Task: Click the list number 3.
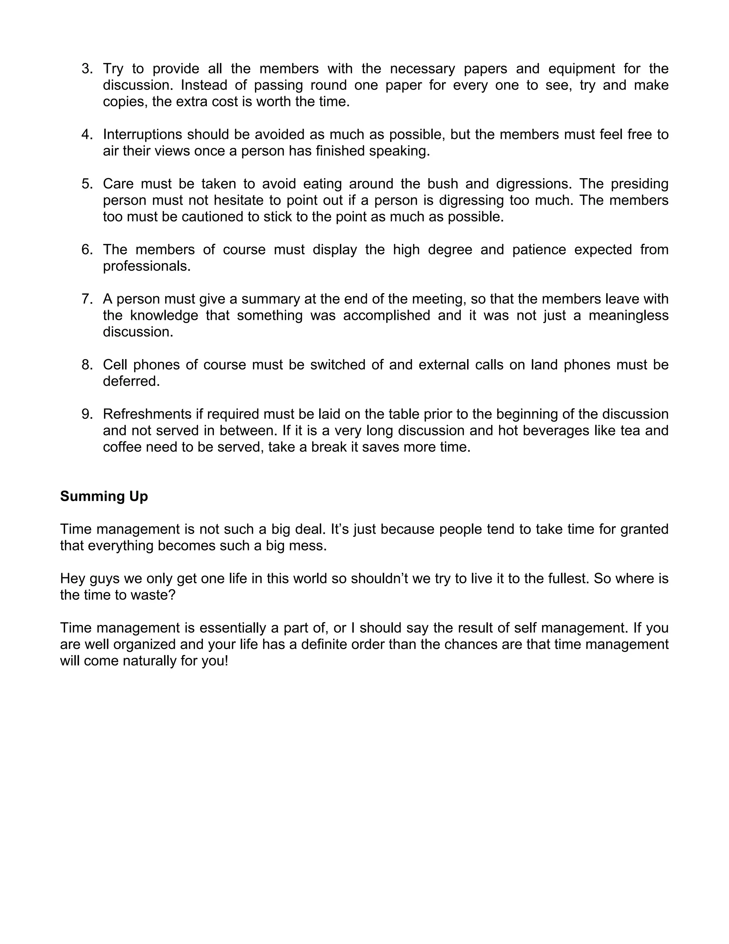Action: click(x=86, y=69)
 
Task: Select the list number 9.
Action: click(x=86, y=414)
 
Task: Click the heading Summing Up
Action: click(x=104, y=496)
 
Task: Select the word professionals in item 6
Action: click(x=146, y=266)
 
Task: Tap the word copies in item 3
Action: click(x=125, y=102)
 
